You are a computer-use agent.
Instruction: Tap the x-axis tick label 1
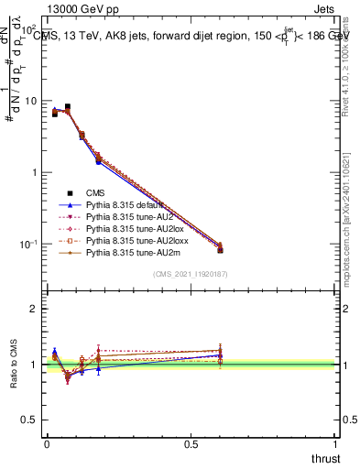click(335, 444)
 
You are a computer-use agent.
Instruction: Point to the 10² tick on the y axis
click(30, 30)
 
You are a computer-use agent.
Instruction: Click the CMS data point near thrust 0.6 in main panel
click(220, 250)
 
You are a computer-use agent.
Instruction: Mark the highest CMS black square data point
click(68, 106)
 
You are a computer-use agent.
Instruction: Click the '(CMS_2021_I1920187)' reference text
click(190, 274)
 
